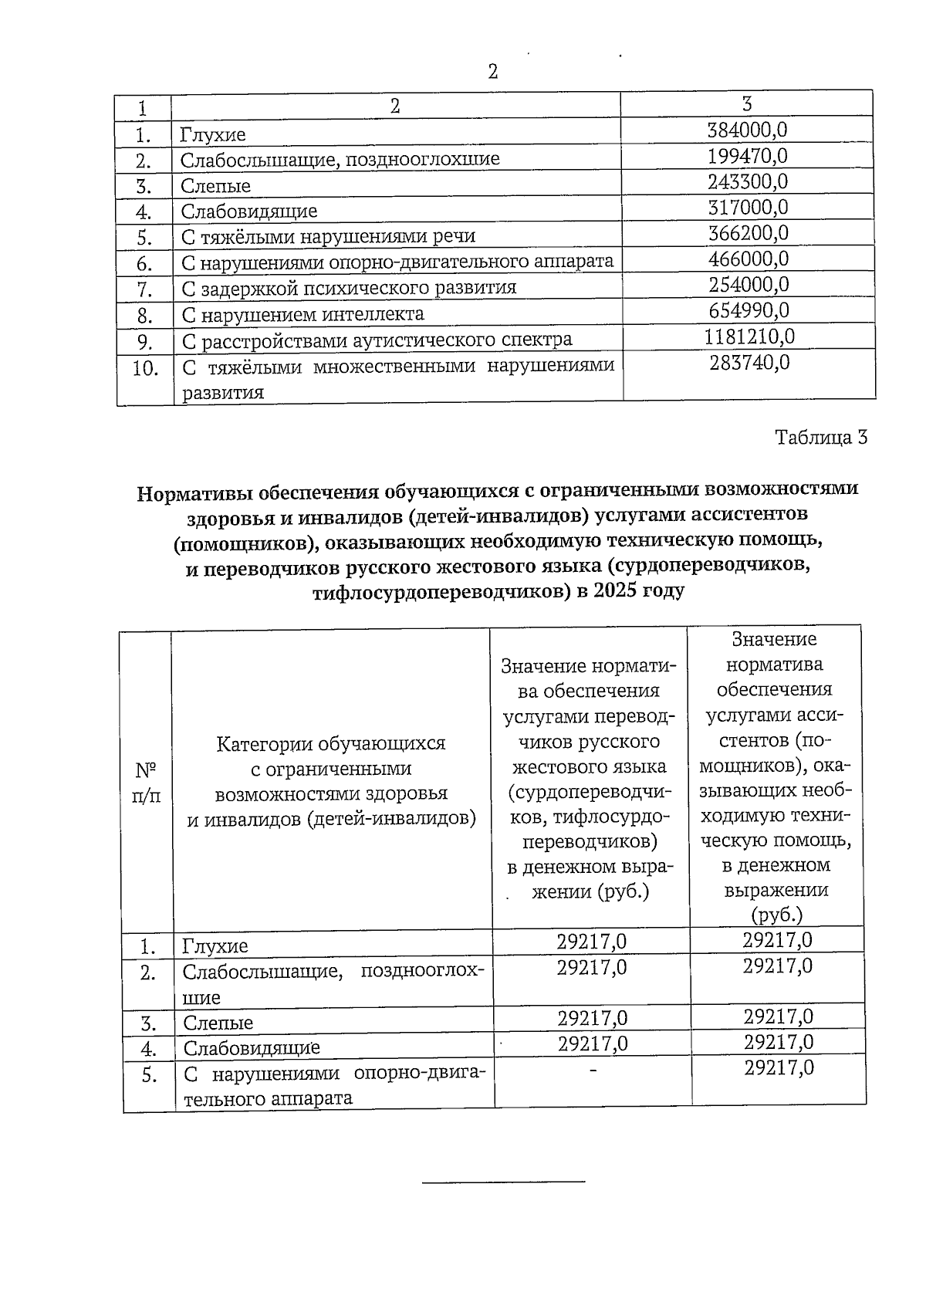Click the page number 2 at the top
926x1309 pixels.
coord(493,72)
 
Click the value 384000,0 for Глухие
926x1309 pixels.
coord(747,130)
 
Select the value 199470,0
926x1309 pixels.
coord(747,157)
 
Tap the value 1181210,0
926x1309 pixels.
coord(749,337)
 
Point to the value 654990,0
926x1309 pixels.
coord(749,310)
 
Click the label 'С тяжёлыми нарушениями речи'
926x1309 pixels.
coord(328,236)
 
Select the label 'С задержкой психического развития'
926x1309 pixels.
coord(349,289)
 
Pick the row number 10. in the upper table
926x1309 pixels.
coord(145,368)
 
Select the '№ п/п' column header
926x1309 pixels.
coord(147,783)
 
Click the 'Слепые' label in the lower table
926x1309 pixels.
coord(218,1023)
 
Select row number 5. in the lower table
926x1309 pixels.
coord(150,1075)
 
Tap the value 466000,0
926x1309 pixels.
coord(749,259)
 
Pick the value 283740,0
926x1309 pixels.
coord(749,363)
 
